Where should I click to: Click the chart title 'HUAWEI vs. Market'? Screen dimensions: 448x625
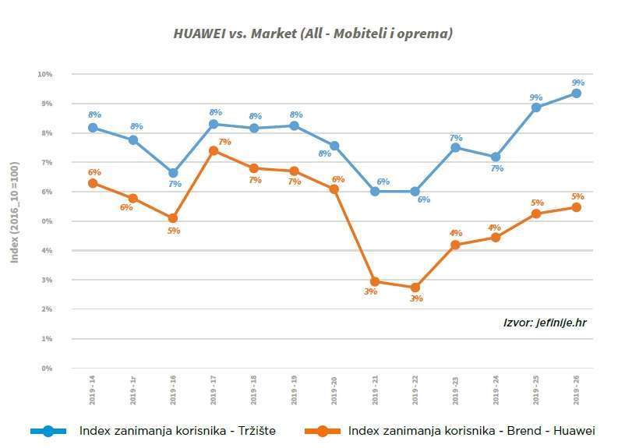click(x=312, y=34)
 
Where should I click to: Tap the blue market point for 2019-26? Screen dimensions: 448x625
click(x=576, y=93)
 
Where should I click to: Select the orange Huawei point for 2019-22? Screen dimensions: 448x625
click(x=415, y=287)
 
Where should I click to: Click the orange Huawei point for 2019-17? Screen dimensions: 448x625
click(x=214, y=150)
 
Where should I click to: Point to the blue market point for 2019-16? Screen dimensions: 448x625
click(x=173, y=173)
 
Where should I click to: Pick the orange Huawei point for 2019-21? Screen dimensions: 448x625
click(x=375, y=281)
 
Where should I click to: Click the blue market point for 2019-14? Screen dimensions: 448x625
click(x=93, y=128)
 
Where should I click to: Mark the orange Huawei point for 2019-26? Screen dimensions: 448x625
click(x=576, y=207)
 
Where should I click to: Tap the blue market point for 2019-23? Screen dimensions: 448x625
click(x=455, y=147)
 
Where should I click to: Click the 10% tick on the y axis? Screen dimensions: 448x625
click(x=44, y=75)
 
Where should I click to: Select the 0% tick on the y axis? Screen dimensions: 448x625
click(x=46, y=369)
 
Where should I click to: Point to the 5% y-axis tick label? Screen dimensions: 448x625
click(x=46, y=221)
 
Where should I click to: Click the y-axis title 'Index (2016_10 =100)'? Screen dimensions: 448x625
click(x=14, y=212)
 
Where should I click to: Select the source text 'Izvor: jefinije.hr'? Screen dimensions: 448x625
click(x=545, y=322)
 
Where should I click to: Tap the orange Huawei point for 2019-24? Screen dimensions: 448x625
click(x=496, y=238)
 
